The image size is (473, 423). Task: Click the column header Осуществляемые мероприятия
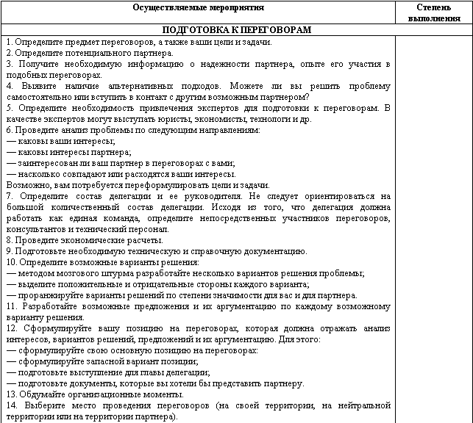point(199,7)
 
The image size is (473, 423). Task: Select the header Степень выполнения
point(434,12)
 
